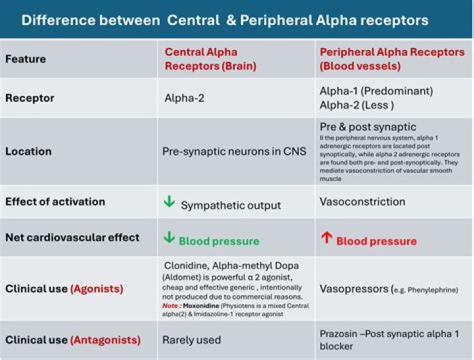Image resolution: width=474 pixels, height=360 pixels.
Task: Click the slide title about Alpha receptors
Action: coord(224,20)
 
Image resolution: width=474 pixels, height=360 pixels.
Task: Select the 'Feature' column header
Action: coord(26,59)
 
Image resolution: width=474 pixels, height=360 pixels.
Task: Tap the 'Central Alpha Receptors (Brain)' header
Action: coord(201,59)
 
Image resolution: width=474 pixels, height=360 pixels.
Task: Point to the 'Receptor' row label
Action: coord(30,98)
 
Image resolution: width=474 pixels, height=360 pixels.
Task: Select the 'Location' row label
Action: coord(28,151)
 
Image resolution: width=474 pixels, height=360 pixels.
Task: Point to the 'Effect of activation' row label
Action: coord(55,202)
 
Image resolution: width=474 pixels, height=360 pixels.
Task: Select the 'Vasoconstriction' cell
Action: coord(363,202)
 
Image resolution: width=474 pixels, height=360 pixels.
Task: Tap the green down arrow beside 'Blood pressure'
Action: coord(170,239)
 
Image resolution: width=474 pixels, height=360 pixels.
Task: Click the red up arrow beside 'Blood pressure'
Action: coord(326,238)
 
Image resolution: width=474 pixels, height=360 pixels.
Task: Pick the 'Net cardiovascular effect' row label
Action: coord(72,237)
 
